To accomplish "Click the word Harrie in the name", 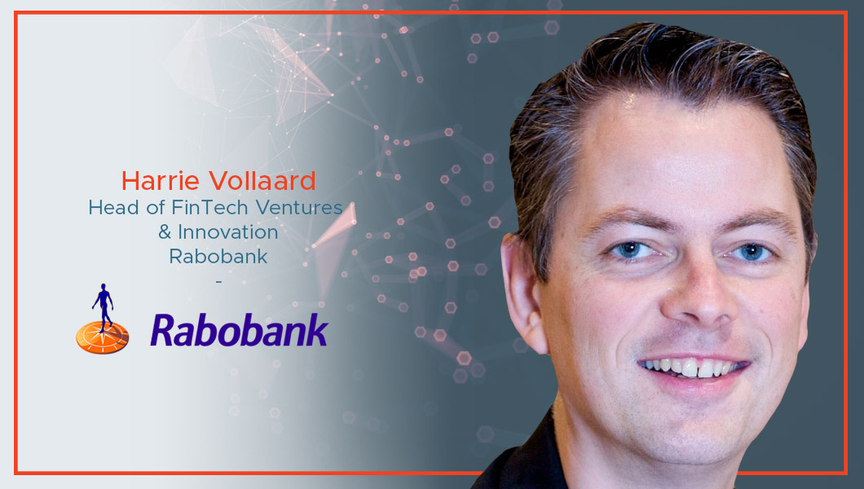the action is pos(160,181).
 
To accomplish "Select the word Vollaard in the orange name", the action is pos(262,181).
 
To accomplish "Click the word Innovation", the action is pos(227,231).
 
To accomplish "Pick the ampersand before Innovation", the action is pos(165,231).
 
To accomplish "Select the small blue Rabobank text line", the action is pos(218,256).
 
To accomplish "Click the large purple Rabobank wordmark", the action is pos(239,330).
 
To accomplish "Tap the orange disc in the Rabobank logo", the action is pos(103,337).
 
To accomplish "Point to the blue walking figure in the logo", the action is pos(103,306).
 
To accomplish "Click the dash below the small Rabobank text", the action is pos(218,281).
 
